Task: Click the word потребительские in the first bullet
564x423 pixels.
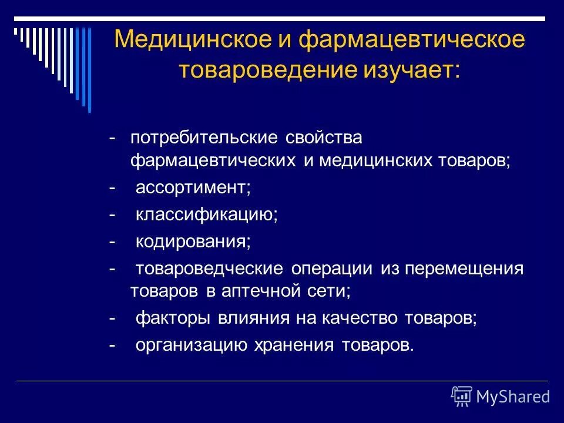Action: pyautogui.click(x=204, y=138)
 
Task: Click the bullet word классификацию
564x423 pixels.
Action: pyautogui.click(x=206, y=214)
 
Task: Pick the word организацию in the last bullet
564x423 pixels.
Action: pyautogui.click(x=191, y=345)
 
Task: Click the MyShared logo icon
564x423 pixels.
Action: pyautogui.click(x=462, y=397)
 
